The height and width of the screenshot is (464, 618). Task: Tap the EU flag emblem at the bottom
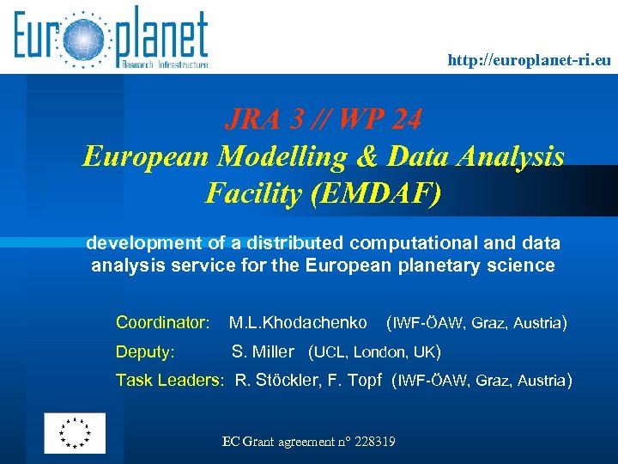click(75, 433)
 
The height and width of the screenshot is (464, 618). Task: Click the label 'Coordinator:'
click(163, 323)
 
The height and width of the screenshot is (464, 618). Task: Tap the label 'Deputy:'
click(145, 351)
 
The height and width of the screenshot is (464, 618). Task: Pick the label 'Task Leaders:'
click(170, 380)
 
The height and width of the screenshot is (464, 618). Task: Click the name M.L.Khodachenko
click(298, 323)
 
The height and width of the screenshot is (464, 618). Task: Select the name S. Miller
click(264, 351)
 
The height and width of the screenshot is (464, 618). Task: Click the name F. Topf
click(354, 380)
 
